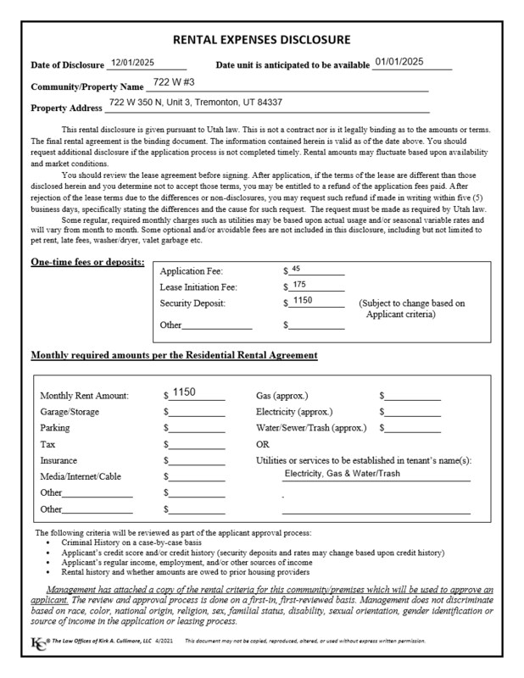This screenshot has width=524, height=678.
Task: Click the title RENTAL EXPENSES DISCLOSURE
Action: (261, 40)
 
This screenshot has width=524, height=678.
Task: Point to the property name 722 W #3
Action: (176, 84)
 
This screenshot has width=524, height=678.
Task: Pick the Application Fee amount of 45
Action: (296, 269)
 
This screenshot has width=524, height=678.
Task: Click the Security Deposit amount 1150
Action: (301, 301)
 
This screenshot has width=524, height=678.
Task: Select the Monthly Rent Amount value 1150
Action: (184, 392)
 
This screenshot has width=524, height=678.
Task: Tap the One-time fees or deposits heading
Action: (87, 262)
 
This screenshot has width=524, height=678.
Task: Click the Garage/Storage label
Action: (70, 412)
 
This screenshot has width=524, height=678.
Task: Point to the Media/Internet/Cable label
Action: (81, 476)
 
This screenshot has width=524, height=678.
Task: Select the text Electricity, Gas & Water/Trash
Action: (342, 473)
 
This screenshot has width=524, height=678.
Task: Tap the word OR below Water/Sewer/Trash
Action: (263, 444)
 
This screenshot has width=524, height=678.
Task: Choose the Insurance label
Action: (60, 460)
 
